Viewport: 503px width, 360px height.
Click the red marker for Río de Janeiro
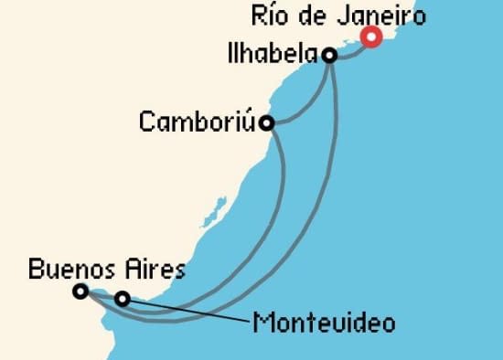(371, 37)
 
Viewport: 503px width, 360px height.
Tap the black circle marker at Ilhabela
(329, 56)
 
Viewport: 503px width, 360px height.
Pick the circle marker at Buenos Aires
(80, 291)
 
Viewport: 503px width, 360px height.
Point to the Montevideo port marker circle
(122, 298)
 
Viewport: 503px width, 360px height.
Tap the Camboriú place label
(197, 122)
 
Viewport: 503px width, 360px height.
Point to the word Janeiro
(388, 16)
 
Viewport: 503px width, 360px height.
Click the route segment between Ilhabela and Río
(351, 47)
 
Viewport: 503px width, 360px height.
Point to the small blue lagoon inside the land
(218, 207)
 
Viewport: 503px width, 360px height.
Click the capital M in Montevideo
(262, 323)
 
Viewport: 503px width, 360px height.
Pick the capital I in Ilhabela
(229, 55)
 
